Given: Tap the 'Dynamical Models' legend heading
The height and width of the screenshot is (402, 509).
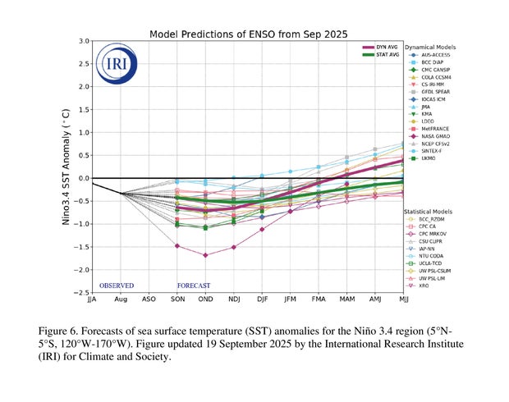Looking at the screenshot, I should (x=432, y=47).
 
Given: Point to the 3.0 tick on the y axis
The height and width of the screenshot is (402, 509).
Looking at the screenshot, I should (x=84, y=41).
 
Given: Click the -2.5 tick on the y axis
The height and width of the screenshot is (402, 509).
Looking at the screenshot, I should (x=82, y=292).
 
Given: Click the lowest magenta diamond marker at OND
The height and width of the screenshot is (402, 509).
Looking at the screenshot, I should (x=205, y=255).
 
